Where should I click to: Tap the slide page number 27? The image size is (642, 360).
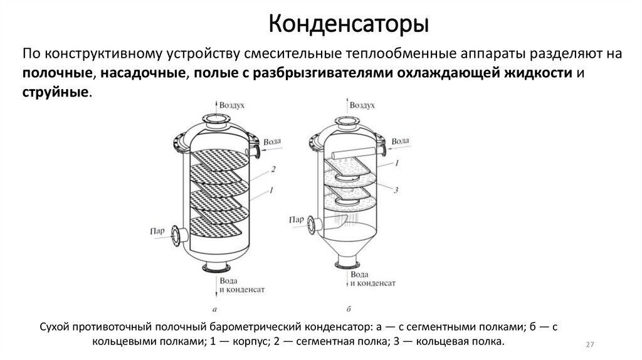589,346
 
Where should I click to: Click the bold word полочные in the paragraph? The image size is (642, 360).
57,73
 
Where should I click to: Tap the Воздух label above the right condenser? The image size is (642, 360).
367,107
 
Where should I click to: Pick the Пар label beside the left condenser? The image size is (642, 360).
157,231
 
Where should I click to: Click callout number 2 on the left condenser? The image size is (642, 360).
274,169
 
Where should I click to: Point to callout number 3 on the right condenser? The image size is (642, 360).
397,189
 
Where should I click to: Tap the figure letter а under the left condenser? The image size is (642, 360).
215,308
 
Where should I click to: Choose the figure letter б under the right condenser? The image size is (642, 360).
349,308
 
